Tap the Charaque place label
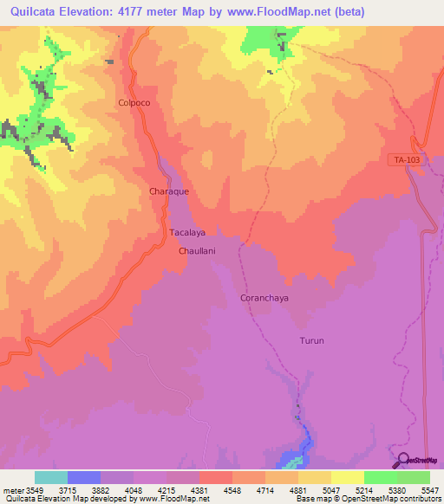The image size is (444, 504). pos(169,191)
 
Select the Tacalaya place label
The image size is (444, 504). pos(186,233)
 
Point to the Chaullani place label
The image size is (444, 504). pos(196,250)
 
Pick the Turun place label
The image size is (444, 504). pos(311,340)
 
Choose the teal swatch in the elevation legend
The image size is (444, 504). pos(50,477)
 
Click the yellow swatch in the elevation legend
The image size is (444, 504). pos(347,477)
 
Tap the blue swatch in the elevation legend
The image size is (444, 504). pos(84,477)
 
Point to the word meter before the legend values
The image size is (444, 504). pos(11,488)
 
